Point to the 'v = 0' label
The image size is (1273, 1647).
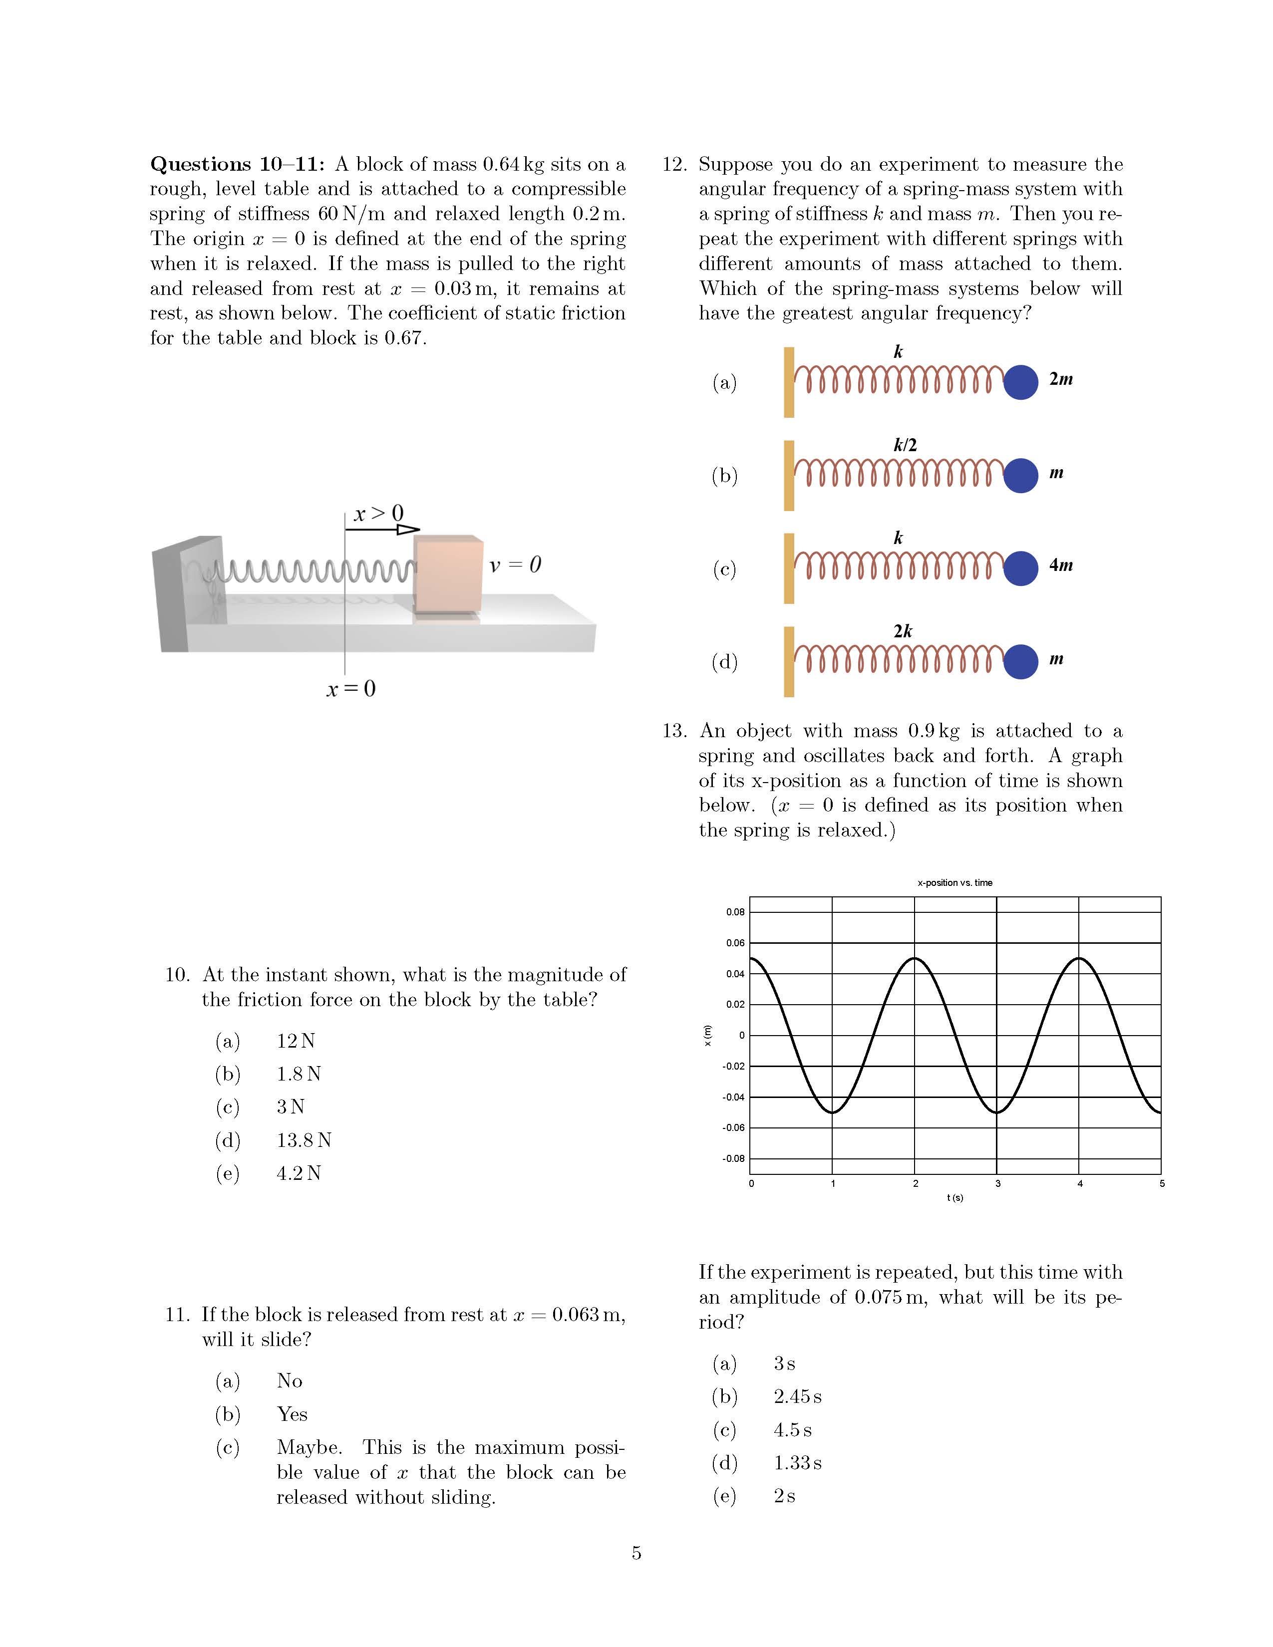click(x=515, y=565)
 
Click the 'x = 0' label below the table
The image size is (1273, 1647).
click(x=350, y=689)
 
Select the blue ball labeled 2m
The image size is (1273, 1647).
click(x=1021, y=382)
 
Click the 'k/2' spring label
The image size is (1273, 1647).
click(x=905, y=445)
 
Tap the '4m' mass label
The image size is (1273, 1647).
click(x=1060, y=565)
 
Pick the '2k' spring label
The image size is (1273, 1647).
click(x=903, y=631)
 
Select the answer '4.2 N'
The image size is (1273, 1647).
click(x=299, y=1173)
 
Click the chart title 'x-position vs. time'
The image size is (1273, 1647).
click(x=955, y=882)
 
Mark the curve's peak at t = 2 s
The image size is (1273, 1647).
click(x=915, y=958)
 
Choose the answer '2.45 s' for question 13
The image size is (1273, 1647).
click(x=797, y=1396)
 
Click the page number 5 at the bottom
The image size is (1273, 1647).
click(x=636, y=1554)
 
